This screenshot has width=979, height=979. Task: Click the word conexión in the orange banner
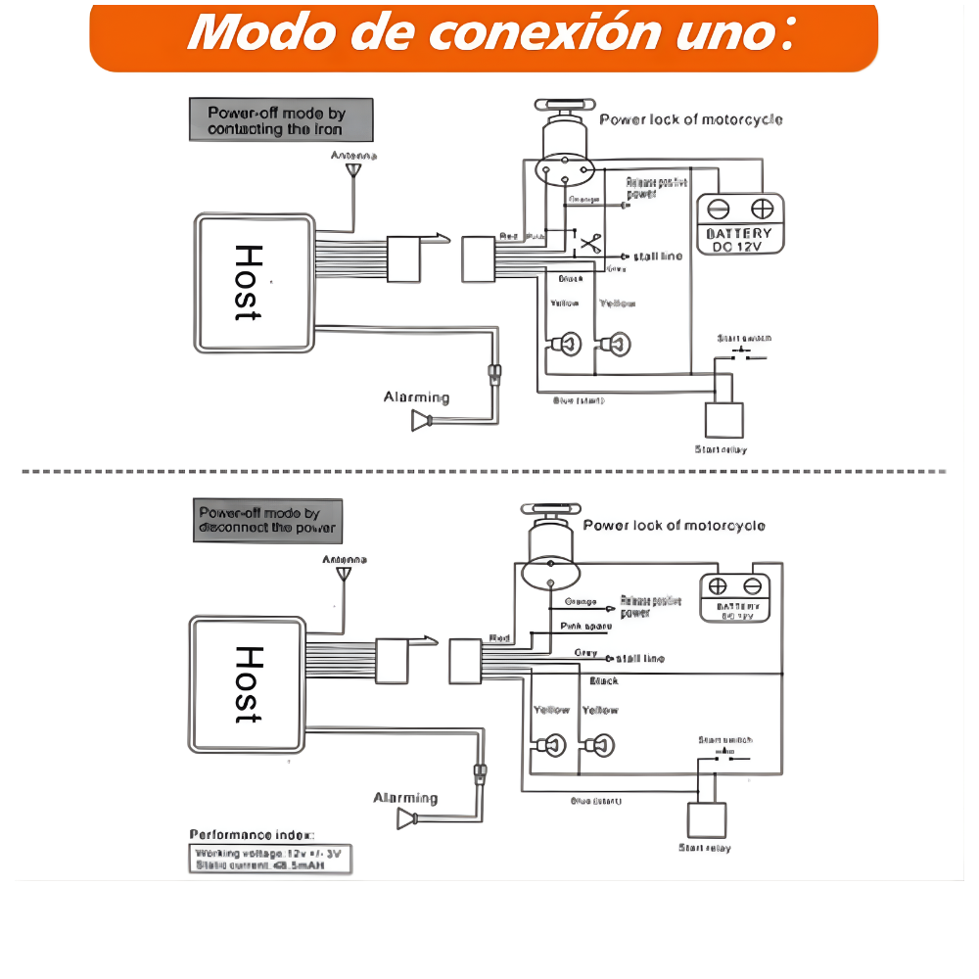tap(534, 32)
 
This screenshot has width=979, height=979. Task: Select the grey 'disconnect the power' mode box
tap(267, 520)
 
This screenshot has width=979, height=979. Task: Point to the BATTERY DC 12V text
tap(739, 240)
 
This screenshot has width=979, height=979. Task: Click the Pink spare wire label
tap(585, 626)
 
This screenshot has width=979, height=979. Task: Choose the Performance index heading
tap(252, 835)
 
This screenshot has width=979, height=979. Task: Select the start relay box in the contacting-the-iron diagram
tap(725, 420)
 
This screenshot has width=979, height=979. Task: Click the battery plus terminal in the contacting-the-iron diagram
tap(761, 209)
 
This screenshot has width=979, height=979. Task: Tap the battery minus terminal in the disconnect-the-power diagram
tap(752, 586)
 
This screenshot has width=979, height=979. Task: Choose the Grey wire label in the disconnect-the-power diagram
tap(585, 653)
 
